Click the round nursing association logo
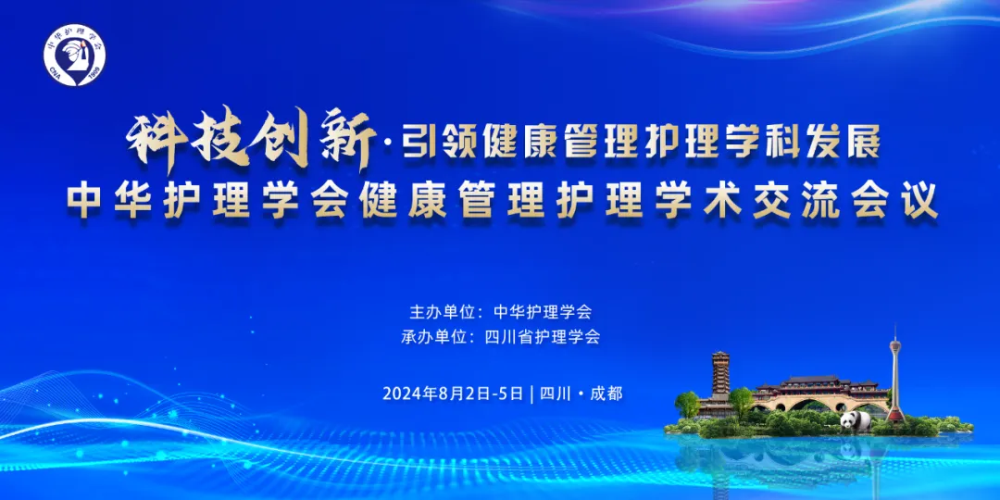pyautogui.click(x=75, y=56)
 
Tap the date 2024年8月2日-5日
pyautogui.click(x=453, y=394)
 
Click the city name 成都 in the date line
pyautogui.click(x=606, y=394)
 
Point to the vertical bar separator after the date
pyautogui.click(x=531, y=394)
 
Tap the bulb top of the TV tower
pyautogui.click(x=895, y=345)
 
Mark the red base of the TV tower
pyautogui.click(x=895, y=415)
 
